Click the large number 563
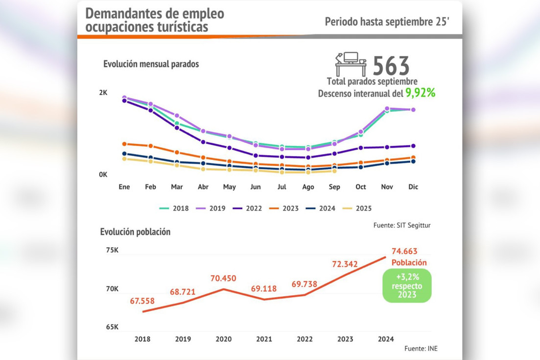[391, 66]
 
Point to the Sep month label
[334, 187]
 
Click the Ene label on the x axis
[124, 187]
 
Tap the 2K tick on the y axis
[103, 93]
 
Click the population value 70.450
[223, 279]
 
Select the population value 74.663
[404, 252]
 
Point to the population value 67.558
[142, 301]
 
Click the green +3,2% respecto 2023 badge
[407, 286]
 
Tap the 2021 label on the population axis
[264, 339]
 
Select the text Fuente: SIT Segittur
[402, 225]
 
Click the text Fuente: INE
[421, 349]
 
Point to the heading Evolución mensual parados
[151, 64]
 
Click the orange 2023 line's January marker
[124, 144]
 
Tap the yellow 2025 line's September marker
[334, 171]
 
